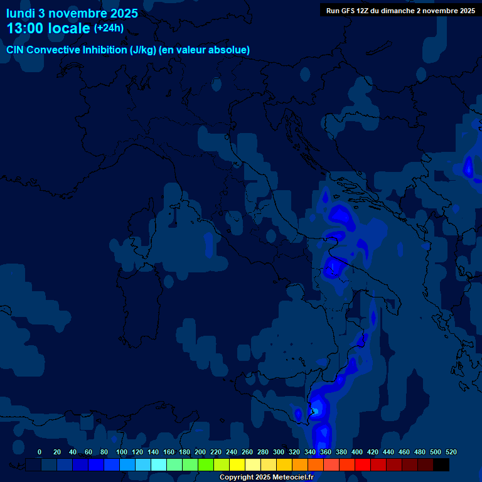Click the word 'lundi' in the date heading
click(21, 13)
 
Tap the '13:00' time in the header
click(24, 28)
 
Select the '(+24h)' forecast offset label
click(109, 28)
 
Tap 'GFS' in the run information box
click(348, 11)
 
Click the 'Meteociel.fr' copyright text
click(292, 478)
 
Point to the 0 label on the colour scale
click(40, 452)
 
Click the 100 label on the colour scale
click(121, 452)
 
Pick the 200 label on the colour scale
click(200, 452)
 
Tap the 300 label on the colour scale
click(279, 452)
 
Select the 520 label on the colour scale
click(451, 452)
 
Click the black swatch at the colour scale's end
click(441, 465)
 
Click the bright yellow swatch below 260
click(237, 465)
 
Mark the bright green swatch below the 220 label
click(206, 465)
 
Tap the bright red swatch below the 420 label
click(363, 465)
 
